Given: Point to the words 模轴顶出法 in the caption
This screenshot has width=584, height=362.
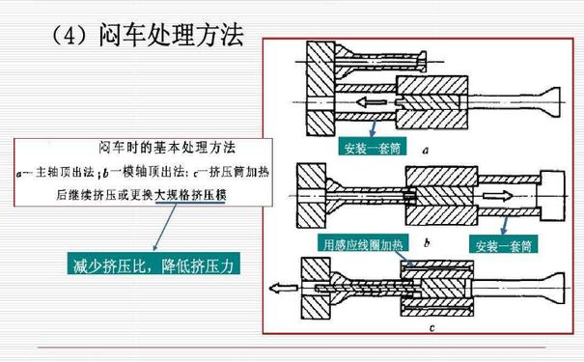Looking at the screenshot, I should [x=149, y=173].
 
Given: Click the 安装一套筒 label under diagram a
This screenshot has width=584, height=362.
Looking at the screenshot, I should [x=372, y=149].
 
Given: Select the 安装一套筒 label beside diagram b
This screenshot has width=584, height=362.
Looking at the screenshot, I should [x=500, y=245].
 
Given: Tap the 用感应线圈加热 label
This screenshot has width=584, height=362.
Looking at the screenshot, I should [x=357, y=245].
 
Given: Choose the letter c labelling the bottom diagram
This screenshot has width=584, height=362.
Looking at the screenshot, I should [x=430, y=329].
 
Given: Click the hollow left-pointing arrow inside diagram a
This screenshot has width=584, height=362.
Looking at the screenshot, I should [x=373, y=99].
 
